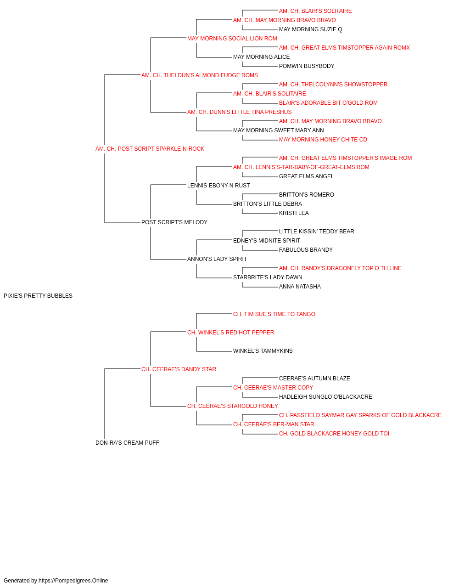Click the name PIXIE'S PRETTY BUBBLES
click(38, 296)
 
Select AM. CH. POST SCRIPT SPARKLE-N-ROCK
click(150, 149)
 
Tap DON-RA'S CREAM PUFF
click(127, 443)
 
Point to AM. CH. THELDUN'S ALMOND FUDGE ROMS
click(200, 75)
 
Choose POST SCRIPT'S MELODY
click(174, 222)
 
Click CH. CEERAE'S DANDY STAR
click(179, 369)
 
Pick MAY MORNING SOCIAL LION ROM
click(232, 39)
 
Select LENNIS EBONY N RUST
click(218, 186)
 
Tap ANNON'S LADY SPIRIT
click(217, 259)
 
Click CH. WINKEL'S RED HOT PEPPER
click(230, 333)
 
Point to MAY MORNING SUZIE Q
click(311, 29)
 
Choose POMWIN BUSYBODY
click(307, 66)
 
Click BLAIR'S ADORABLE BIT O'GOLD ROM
click(328, 103)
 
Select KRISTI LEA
click(294, 213)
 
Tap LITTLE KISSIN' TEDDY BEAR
click(317, 232)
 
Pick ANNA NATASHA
click(300, 287)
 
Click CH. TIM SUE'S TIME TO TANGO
click(274, 314)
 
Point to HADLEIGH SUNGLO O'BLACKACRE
click(325, 397)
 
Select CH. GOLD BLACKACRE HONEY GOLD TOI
click(334, 434)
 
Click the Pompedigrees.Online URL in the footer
click(73, 581)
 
